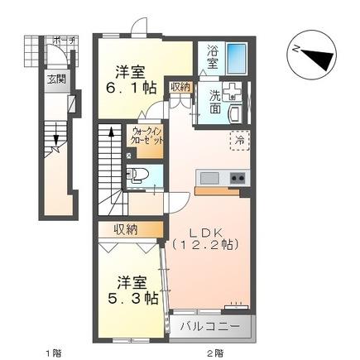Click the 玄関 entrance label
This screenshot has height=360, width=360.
tap(56, 79)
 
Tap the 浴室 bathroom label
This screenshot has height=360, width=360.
tap(213, 57)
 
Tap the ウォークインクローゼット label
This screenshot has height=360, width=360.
tap(146, 137)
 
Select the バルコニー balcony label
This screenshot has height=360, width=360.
tap(211, 327)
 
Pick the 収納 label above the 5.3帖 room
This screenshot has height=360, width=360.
tap(127, 228)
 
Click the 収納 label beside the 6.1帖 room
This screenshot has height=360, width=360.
tap(180, 86)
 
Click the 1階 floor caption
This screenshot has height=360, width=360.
tap(53, 352)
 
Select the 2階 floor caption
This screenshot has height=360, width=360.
tap(216, 352)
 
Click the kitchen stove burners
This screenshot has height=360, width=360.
tap(237, 178)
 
